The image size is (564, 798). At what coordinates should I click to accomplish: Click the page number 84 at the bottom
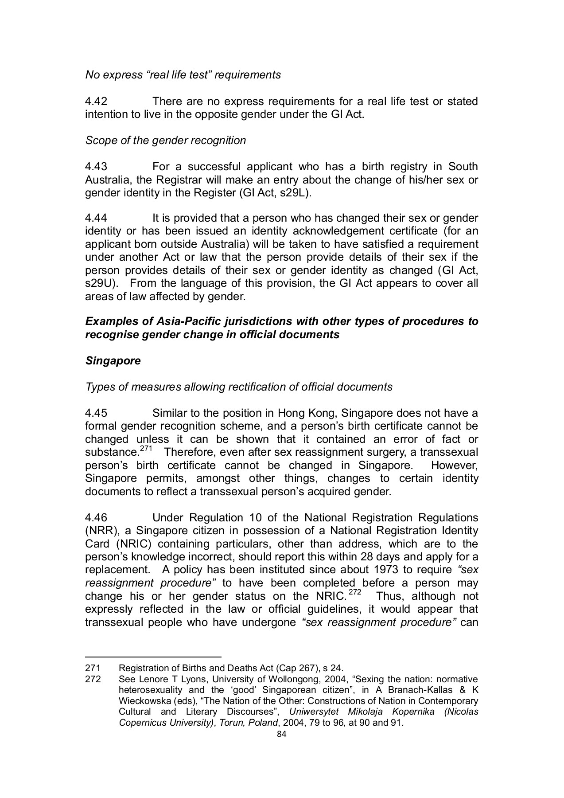[282, 734]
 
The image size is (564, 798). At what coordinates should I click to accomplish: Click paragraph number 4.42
[96, 102]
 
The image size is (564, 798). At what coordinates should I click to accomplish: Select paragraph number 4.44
[96, 218]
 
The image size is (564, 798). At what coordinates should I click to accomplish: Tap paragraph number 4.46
[96, 518]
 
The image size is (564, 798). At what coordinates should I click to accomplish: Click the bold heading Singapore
[113, 360]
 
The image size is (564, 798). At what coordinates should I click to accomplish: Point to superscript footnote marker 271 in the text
[146, 449]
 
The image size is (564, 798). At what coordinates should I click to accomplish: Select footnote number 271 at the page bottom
[93, 668]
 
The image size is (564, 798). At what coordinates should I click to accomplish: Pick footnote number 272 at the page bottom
[93, 679]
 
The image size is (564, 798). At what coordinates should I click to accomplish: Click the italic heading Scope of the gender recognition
[165, 141]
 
